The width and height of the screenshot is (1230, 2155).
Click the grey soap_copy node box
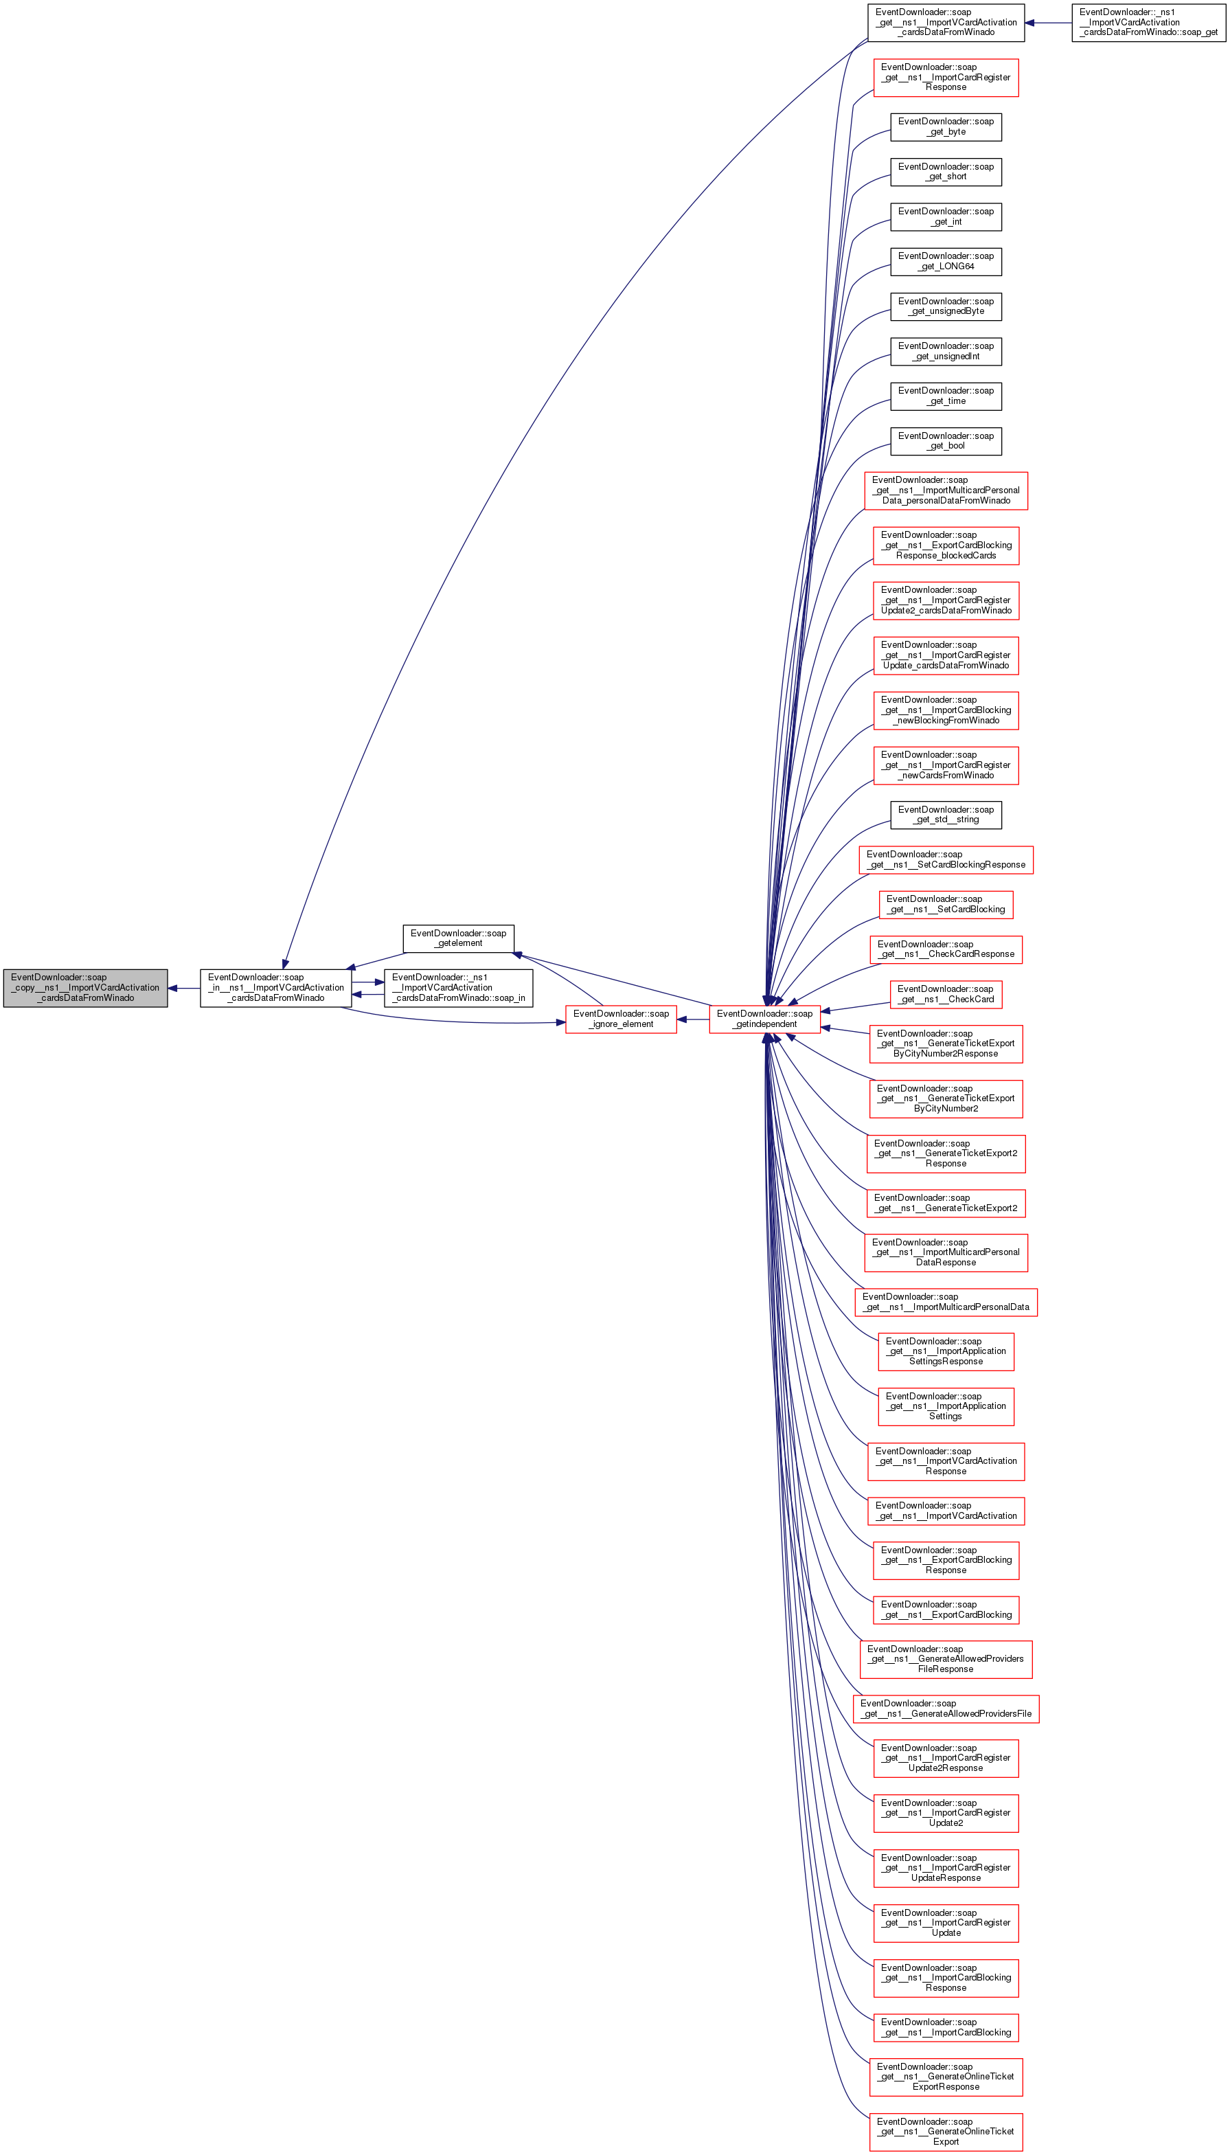coord(85,988)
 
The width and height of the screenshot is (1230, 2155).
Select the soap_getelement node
coord(458,938)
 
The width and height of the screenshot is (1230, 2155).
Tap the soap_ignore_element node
coord(621,1019)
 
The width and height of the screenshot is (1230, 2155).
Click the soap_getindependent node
coord(764,1019)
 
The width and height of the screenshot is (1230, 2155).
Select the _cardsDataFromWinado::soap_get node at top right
coord(1148,23)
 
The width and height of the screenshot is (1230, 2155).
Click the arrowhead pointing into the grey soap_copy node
coord(172,988)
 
